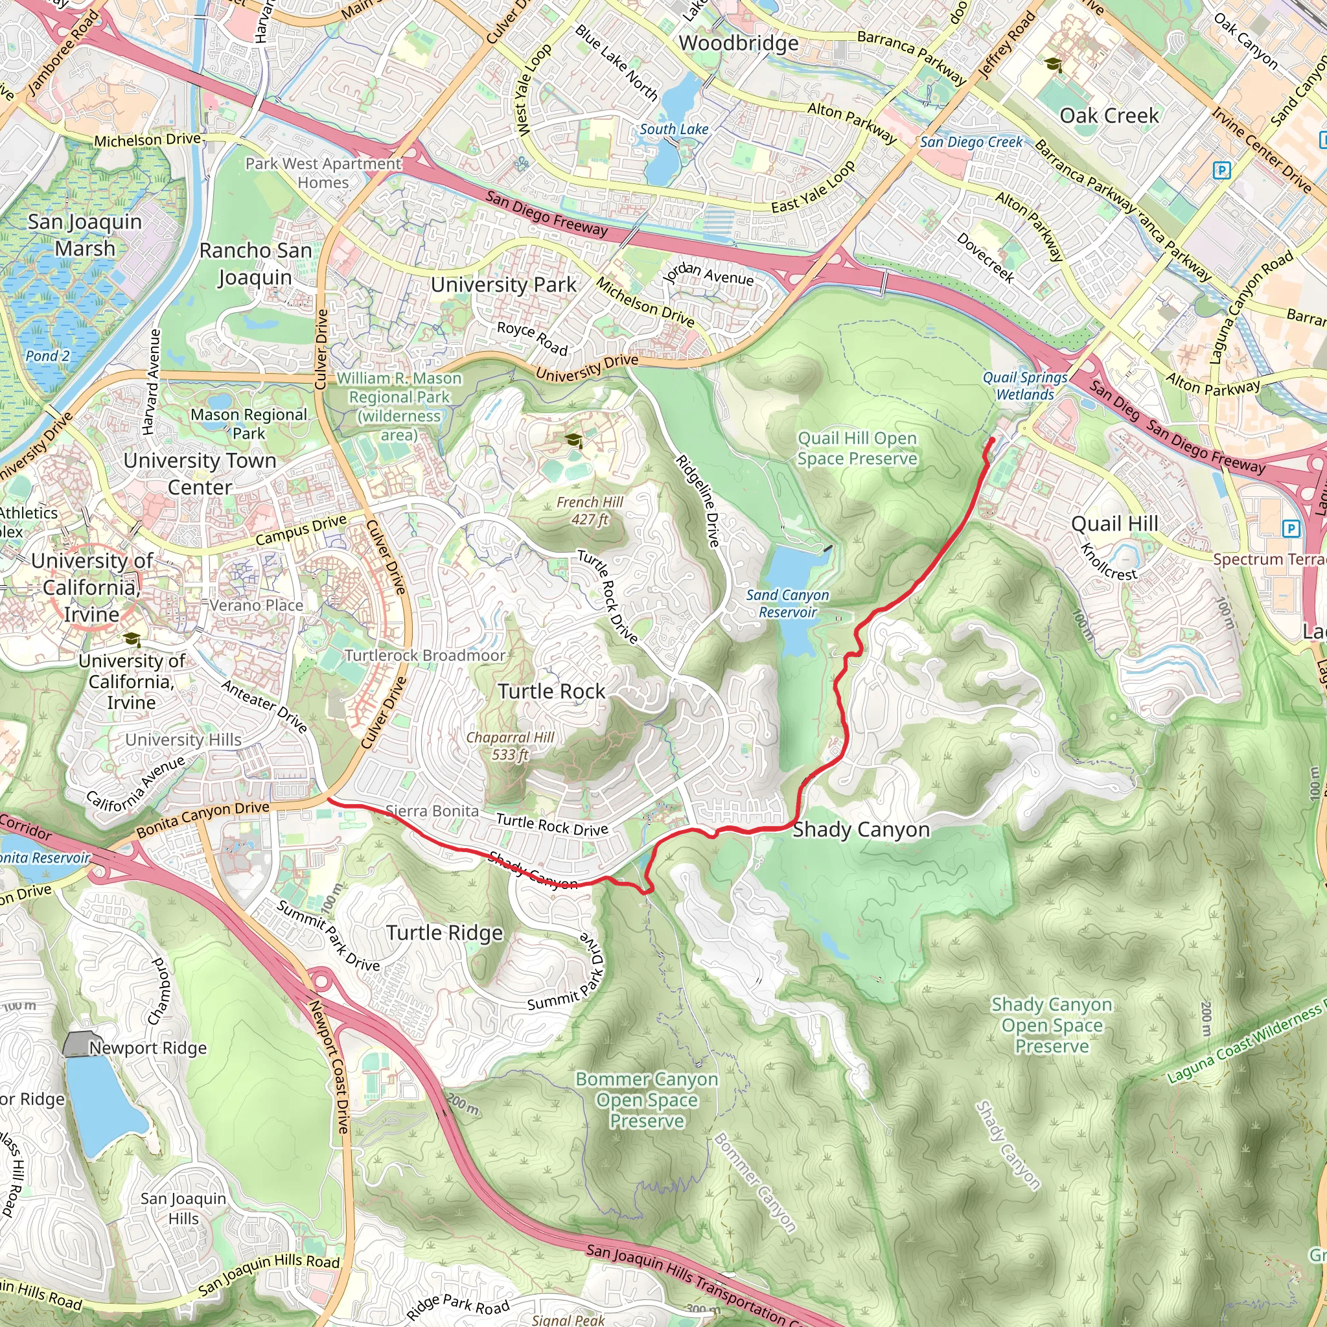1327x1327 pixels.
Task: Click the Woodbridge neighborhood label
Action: [x=739, y=43]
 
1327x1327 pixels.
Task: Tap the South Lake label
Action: [x=673, y=129]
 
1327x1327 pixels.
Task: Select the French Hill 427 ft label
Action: [x=590, y=511]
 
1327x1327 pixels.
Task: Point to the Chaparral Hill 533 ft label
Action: [x=510, y=745]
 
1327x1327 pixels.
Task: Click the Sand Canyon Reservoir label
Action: [x=787, y=603]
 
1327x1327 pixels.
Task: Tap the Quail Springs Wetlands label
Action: [x=1024, y=386]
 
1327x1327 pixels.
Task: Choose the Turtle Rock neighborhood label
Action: [x=551, y=691]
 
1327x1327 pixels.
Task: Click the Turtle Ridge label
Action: [x=444, y=933]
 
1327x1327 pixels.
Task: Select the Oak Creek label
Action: [x=1109, y=115]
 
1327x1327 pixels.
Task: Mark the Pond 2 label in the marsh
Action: [x=47, y=356]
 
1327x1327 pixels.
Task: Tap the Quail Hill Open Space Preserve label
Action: [x=857, y=448]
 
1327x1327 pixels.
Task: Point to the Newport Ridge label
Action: [x=148, y=1048]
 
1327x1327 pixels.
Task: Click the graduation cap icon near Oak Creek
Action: [x=1052, y=65]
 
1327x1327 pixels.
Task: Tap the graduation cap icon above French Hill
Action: [x=573, y=439]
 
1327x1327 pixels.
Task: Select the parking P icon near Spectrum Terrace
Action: [x=1291, y=528]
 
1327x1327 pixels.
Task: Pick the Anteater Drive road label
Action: [x=264, y=706]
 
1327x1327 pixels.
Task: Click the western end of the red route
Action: [x=329, y=799]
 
